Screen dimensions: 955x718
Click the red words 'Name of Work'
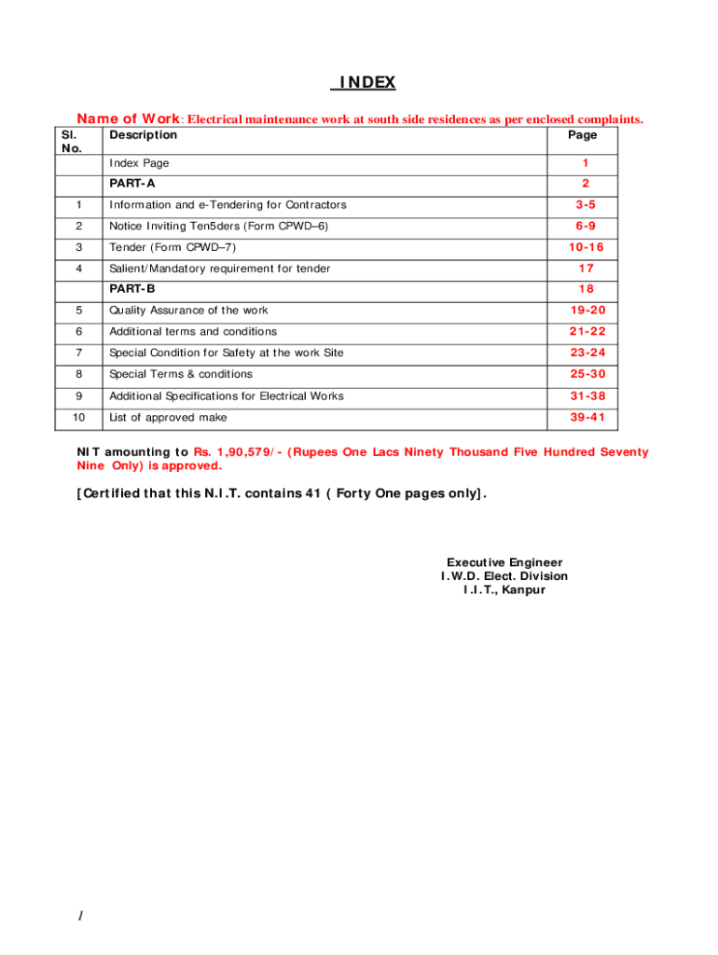coord(128,118)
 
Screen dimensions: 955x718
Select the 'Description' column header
coord(143,134)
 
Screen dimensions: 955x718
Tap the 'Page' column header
coord(582,134)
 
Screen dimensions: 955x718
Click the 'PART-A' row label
coord(132,183)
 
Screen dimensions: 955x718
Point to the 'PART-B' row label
coord(132,289)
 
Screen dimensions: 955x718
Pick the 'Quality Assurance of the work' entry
coord(188,311)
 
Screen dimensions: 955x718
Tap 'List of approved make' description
coord(168,417)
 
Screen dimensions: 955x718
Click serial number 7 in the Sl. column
coord(79,353)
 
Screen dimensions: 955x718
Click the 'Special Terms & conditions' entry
coord(181,374)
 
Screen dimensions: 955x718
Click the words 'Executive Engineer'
coord(504,562)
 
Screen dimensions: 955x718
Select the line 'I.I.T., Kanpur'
coord(504,589)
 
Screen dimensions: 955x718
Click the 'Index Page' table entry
coord(140,163)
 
